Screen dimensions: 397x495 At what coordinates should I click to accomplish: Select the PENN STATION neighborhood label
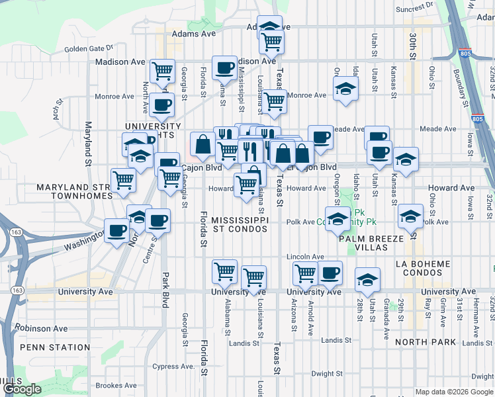point(46,347)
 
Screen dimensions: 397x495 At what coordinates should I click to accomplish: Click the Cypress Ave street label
point(174,366)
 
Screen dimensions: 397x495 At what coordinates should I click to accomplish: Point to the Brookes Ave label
point(116,386)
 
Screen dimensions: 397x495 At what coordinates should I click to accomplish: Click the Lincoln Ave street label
point(305,257)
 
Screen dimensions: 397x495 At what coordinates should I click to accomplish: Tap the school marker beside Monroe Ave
point(345,89)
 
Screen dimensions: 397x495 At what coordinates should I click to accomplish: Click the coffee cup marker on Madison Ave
point(224,67)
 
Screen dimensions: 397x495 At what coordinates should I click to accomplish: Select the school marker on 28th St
point(367,279)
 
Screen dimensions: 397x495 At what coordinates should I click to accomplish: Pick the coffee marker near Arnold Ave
point(330,271)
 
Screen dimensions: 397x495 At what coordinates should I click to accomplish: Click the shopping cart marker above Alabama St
point(224,271)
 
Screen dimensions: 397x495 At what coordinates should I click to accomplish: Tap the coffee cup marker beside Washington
point(117,232)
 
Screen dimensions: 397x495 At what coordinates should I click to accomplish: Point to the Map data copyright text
point(454,392)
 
